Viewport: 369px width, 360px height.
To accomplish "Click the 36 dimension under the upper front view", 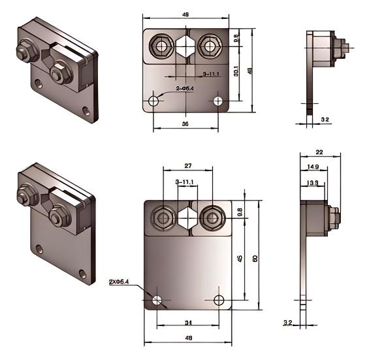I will click(185, 122).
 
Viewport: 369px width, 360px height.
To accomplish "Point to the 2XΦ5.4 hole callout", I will click(119, 282).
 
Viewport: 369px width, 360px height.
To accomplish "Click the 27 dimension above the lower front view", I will click(187, 167).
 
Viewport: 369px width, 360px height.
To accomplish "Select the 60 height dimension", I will click(255, 259).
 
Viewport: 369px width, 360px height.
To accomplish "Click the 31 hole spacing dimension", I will click(187, 322).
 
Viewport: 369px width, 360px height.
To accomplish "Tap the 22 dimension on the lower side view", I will click(319, 152).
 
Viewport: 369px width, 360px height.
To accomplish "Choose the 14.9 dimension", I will click(313, 167).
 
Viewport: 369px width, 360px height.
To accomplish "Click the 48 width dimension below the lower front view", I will click(187, 338).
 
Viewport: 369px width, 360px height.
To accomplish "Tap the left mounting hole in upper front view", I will click(154, 101).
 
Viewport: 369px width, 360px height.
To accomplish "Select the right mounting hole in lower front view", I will click(218, 299).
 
